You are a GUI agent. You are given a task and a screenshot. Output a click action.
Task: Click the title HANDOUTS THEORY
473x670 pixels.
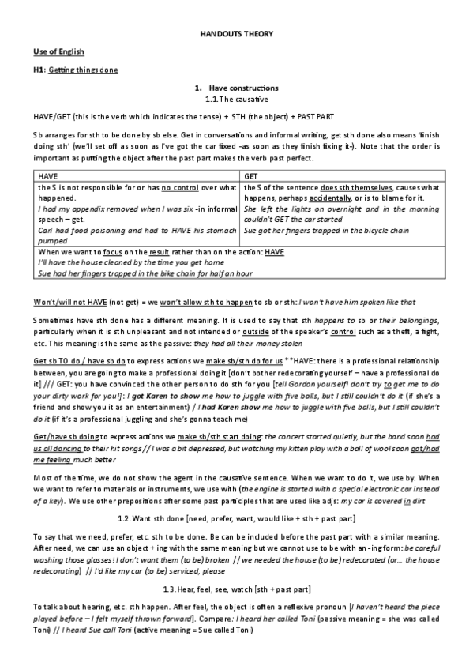click(x=236, y=35)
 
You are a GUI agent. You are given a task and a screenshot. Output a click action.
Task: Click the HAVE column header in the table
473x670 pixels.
click(x=48, y=177)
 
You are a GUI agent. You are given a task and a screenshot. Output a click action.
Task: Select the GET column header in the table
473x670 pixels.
click(x=251, y=177)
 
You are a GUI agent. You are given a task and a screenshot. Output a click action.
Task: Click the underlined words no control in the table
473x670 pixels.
click(x=178, y=187)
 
